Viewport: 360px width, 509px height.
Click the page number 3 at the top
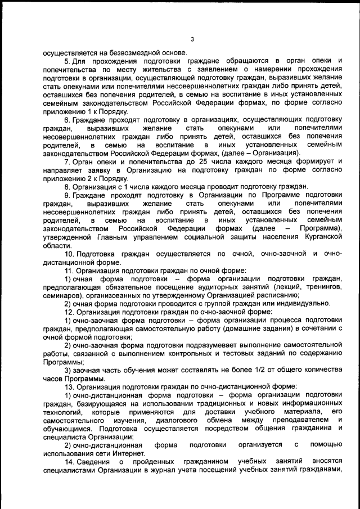[x=192, y=39]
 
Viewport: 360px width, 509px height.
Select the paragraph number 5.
[x=66, y=60]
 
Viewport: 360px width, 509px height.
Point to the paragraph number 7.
[x=66, y=161]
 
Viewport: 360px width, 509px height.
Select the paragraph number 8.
[x=66, y=186]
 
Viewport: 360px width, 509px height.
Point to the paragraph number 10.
[x=68, y=254]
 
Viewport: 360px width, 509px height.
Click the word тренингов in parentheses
[x=323, y=287]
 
